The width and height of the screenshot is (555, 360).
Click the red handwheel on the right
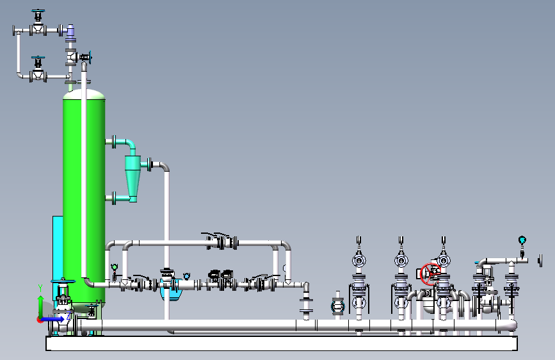[x=430, y=274]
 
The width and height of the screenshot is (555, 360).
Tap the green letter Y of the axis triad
[x=40, y=288]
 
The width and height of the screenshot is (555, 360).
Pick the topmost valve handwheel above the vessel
[x=39, y=12]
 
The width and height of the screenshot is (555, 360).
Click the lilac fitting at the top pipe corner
[x=70, y=31]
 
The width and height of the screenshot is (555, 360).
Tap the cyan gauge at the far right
[x=522, y=240]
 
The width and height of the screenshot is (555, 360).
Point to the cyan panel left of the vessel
[x=58, y=256]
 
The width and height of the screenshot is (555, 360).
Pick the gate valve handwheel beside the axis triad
[x=62, y=282]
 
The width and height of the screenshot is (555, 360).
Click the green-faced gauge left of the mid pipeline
[x=115, y=267]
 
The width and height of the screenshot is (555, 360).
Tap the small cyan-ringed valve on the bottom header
[x=338, y=306]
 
